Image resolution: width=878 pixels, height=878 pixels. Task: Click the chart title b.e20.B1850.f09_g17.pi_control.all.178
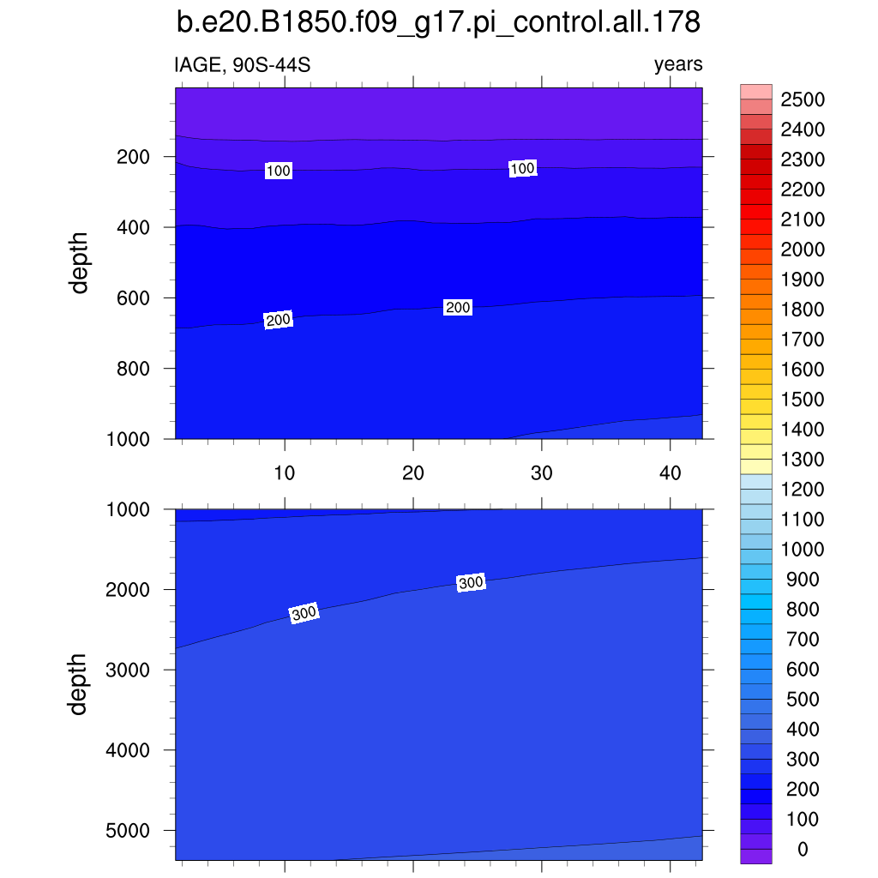pyautogui.click(x=438, y=23)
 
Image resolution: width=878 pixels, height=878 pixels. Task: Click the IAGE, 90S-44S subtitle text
pyautogui.click(x=236, y=64)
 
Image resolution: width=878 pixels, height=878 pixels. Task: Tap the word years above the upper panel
pyautogui.click(x=678, y=64)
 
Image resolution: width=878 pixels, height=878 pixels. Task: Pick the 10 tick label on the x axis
pyautogui.click(x=285, y=472)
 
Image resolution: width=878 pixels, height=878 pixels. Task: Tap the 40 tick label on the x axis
pyautogui.click(x=671, y=472)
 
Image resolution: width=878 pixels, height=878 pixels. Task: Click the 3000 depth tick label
pyautogui.click(x=129, y=670)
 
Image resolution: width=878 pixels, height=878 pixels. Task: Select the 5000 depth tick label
pyautogui.click(x=129, y=831)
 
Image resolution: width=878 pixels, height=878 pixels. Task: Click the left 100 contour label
pyautogui.click(x=279, y=171)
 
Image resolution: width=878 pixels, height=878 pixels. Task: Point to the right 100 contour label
pyautogui.click(x=523, y=169)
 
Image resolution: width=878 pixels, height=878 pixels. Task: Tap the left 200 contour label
pyautogui.click(x=279, y=321)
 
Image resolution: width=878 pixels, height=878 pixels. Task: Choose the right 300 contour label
pyautogui.click(x=472, y=583)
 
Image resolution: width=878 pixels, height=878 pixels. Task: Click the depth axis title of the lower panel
pyautogui.click(x=80, y=684)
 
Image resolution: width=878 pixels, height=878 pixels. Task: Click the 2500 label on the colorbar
pyautogui.click(x=802, y=100)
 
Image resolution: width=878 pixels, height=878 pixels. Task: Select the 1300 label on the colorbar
pyautogui.click(x=802, y=460)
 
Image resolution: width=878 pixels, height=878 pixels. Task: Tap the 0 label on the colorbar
pyautogui.click(x=802, y=850)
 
